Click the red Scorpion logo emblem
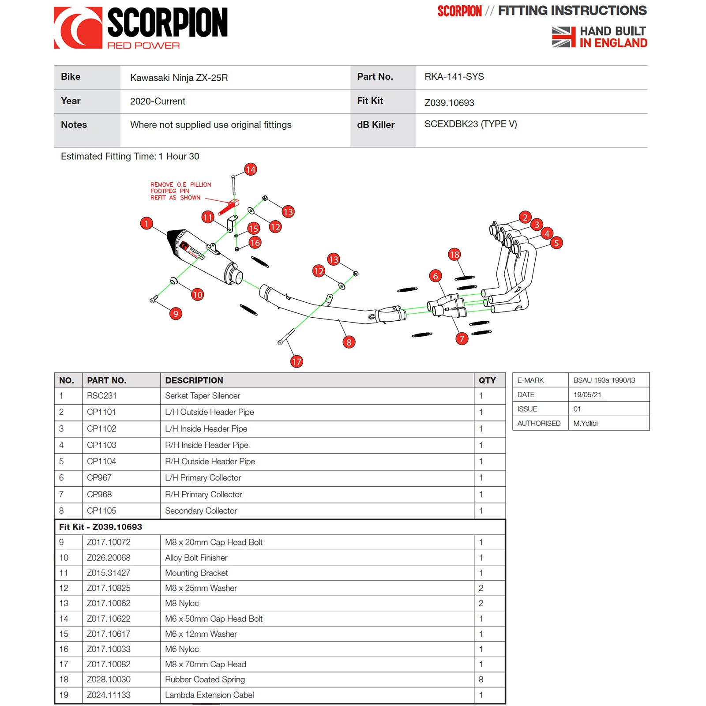(78, 28)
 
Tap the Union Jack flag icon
(563, 37)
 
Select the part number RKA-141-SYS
(454, 77)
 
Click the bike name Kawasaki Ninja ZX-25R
(179, 78)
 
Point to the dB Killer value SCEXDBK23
(470, 124)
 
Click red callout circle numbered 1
(146, 223)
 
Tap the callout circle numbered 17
(297, 362)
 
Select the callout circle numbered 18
(454, 254)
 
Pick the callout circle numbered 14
(251, 169)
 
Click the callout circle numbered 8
(349, 342)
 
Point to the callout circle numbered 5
(556, 243)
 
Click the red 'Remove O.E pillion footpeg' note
(180, 191)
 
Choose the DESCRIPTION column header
(194, 380)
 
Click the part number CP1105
(101, 511)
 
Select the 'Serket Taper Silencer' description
(203, 396)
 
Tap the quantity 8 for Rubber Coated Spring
(481, 680)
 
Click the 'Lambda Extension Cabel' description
(210, 695)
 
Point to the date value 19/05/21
(587, 394)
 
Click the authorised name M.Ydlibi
(586, 423)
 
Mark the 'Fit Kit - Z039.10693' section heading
(101, 527)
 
